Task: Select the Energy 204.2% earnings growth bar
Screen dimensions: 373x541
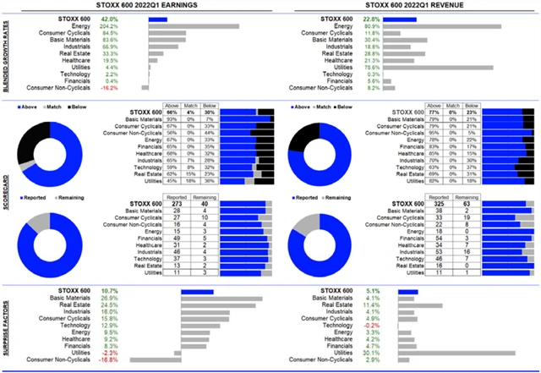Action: pos(194,25)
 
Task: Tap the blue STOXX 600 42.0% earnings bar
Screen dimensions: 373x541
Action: pos(157,18)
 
